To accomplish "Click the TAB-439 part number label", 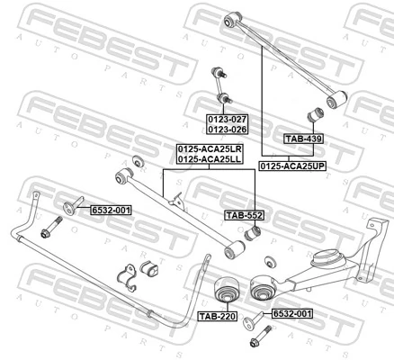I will click(303, 139).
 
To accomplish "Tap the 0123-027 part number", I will click(227, 119).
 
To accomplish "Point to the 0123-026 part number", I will click(227, 130).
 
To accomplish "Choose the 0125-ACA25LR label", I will click(209, 148).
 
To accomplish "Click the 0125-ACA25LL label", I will click(209, 159).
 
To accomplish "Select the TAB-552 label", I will click(243, 216).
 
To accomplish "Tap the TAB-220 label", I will click(217, 316).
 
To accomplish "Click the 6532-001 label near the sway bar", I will click(111, 210).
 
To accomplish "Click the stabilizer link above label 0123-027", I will click(218, 85).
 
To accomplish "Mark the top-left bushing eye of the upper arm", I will click(233, 18).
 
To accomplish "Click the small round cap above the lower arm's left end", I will click(138, 162).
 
